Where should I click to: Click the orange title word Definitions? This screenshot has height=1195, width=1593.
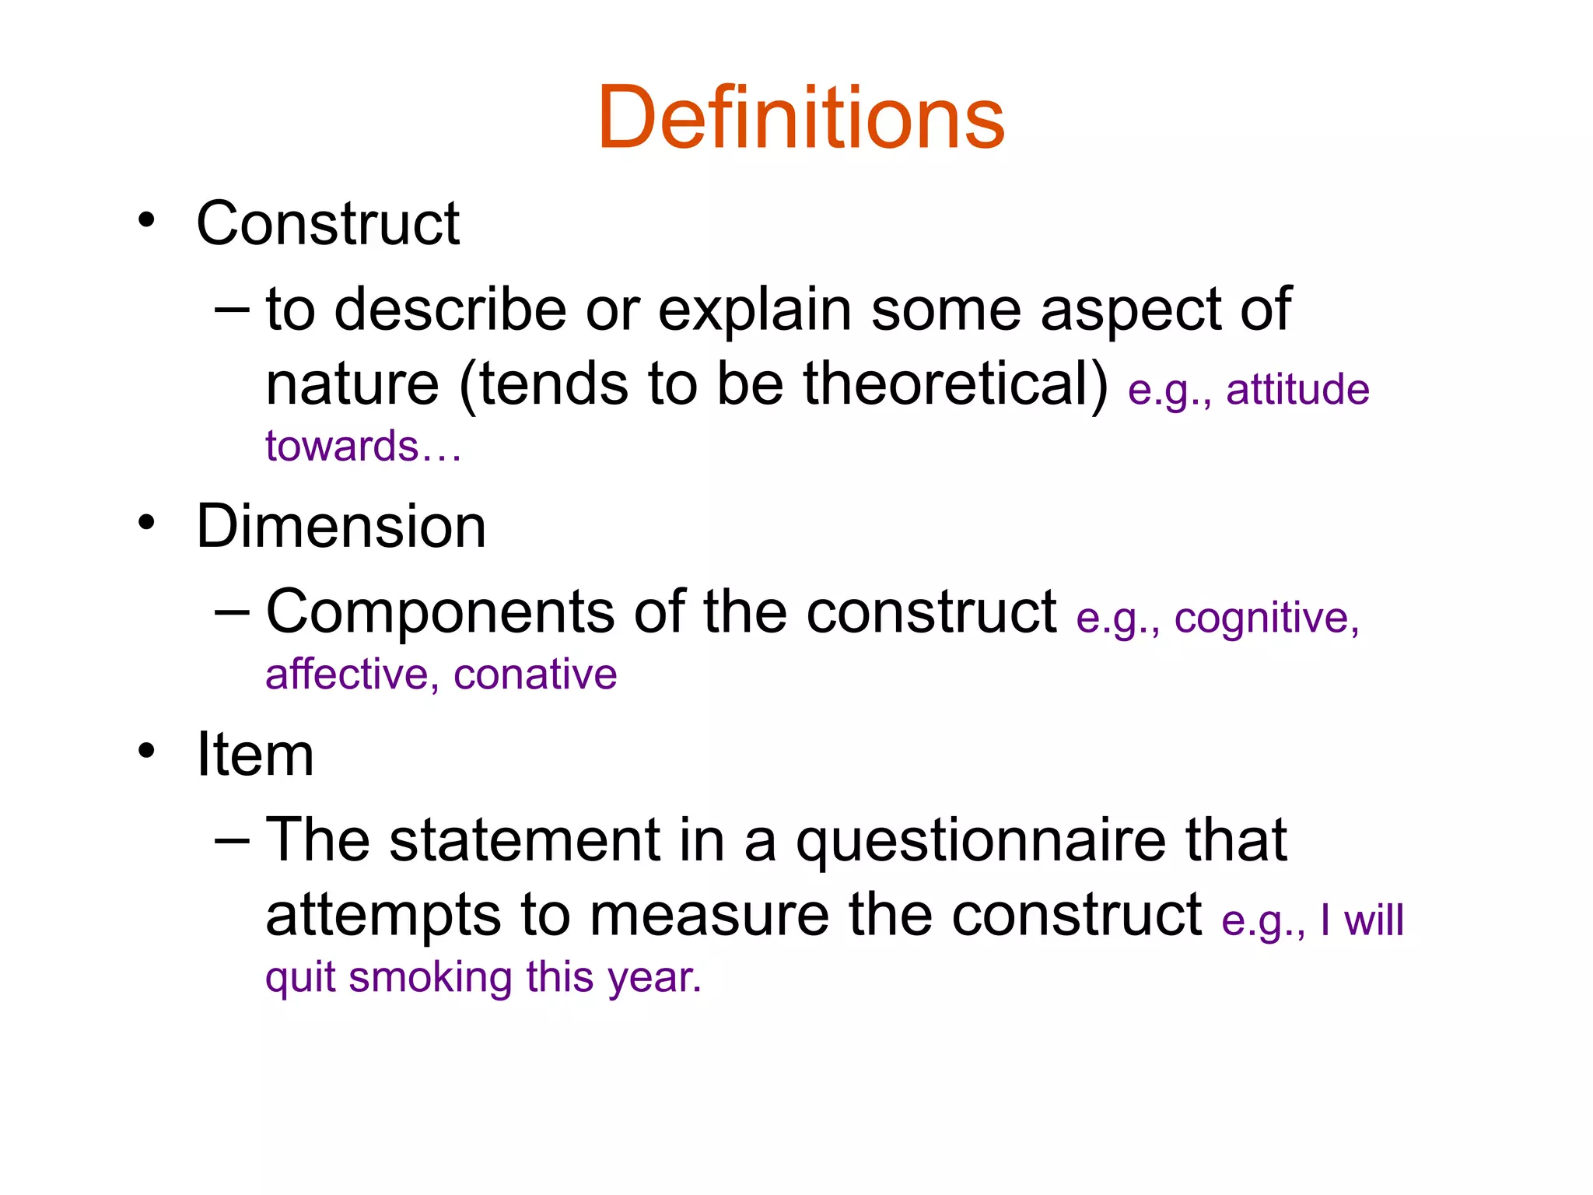[x=800, y=118]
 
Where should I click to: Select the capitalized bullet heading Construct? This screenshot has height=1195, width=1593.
[x=327, y=224]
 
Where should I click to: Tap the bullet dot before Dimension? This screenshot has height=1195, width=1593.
[x=146, y=523]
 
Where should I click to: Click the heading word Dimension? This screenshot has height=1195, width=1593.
[x=341, y=527]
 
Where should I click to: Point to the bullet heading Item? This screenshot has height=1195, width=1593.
[x=255, y=755]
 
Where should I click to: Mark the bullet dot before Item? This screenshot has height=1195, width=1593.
[x=146, y=751]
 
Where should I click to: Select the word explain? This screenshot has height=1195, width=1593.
[x=754, y=310]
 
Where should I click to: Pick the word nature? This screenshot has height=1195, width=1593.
[x=352, y=384]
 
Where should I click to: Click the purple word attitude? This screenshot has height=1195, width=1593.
[x=1297, y=390]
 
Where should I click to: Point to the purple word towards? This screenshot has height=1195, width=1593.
[x=342, y=447]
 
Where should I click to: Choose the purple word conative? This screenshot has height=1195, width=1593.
[x=535, y=675]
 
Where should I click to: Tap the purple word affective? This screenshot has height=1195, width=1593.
[x=347, y=675]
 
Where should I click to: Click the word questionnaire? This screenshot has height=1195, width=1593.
[x=980, y=842]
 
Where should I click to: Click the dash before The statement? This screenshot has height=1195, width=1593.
[x=232, y=842]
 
